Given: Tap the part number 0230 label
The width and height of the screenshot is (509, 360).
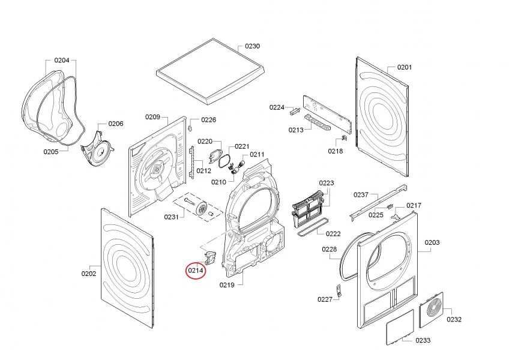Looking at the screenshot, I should (x=252, y=46).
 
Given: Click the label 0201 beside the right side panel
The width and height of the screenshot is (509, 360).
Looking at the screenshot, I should (x=405, y=67).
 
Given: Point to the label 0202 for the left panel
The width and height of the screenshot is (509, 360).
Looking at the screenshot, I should (x=89, y=274).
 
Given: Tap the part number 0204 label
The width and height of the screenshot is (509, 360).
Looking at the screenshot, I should (x=62, y=60).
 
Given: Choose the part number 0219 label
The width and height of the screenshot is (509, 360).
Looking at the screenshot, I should (x=227, y=284).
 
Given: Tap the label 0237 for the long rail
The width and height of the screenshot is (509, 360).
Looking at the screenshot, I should (x=361, y=194).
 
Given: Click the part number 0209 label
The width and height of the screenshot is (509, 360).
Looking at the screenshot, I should (x=152, y=116).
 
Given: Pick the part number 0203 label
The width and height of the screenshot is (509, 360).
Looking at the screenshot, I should (x=432, y=242).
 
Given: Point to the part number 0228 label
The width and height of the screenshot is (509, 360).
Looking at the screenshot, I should (x=329, y=249).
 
